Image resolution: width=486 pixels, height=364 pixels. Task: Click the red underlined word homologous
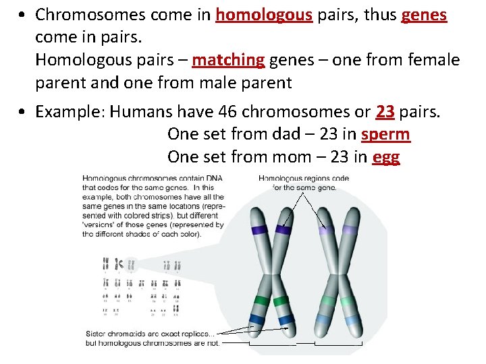[264, 15]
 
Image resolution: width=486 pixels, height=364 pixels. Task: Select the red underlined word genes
[424, 15]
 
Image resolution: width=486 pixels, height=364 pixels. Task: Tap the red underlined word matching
[228, 61]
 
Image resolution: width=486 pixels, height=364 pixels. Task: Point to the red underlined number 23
[385, 111]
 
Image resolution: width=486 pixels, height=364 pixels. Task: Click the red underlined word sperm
[385, 134]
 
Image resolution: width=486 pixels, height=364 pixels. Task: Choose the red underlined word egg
[385, 158]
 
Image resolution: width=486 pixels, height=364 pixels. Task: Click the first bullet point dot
[23, 15]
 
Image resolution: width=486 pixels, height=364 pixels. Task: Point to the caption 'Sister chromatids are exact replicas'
[151, 334]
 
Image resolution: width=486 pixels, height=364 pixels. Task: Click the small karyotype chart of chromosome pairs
[142, 286]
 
